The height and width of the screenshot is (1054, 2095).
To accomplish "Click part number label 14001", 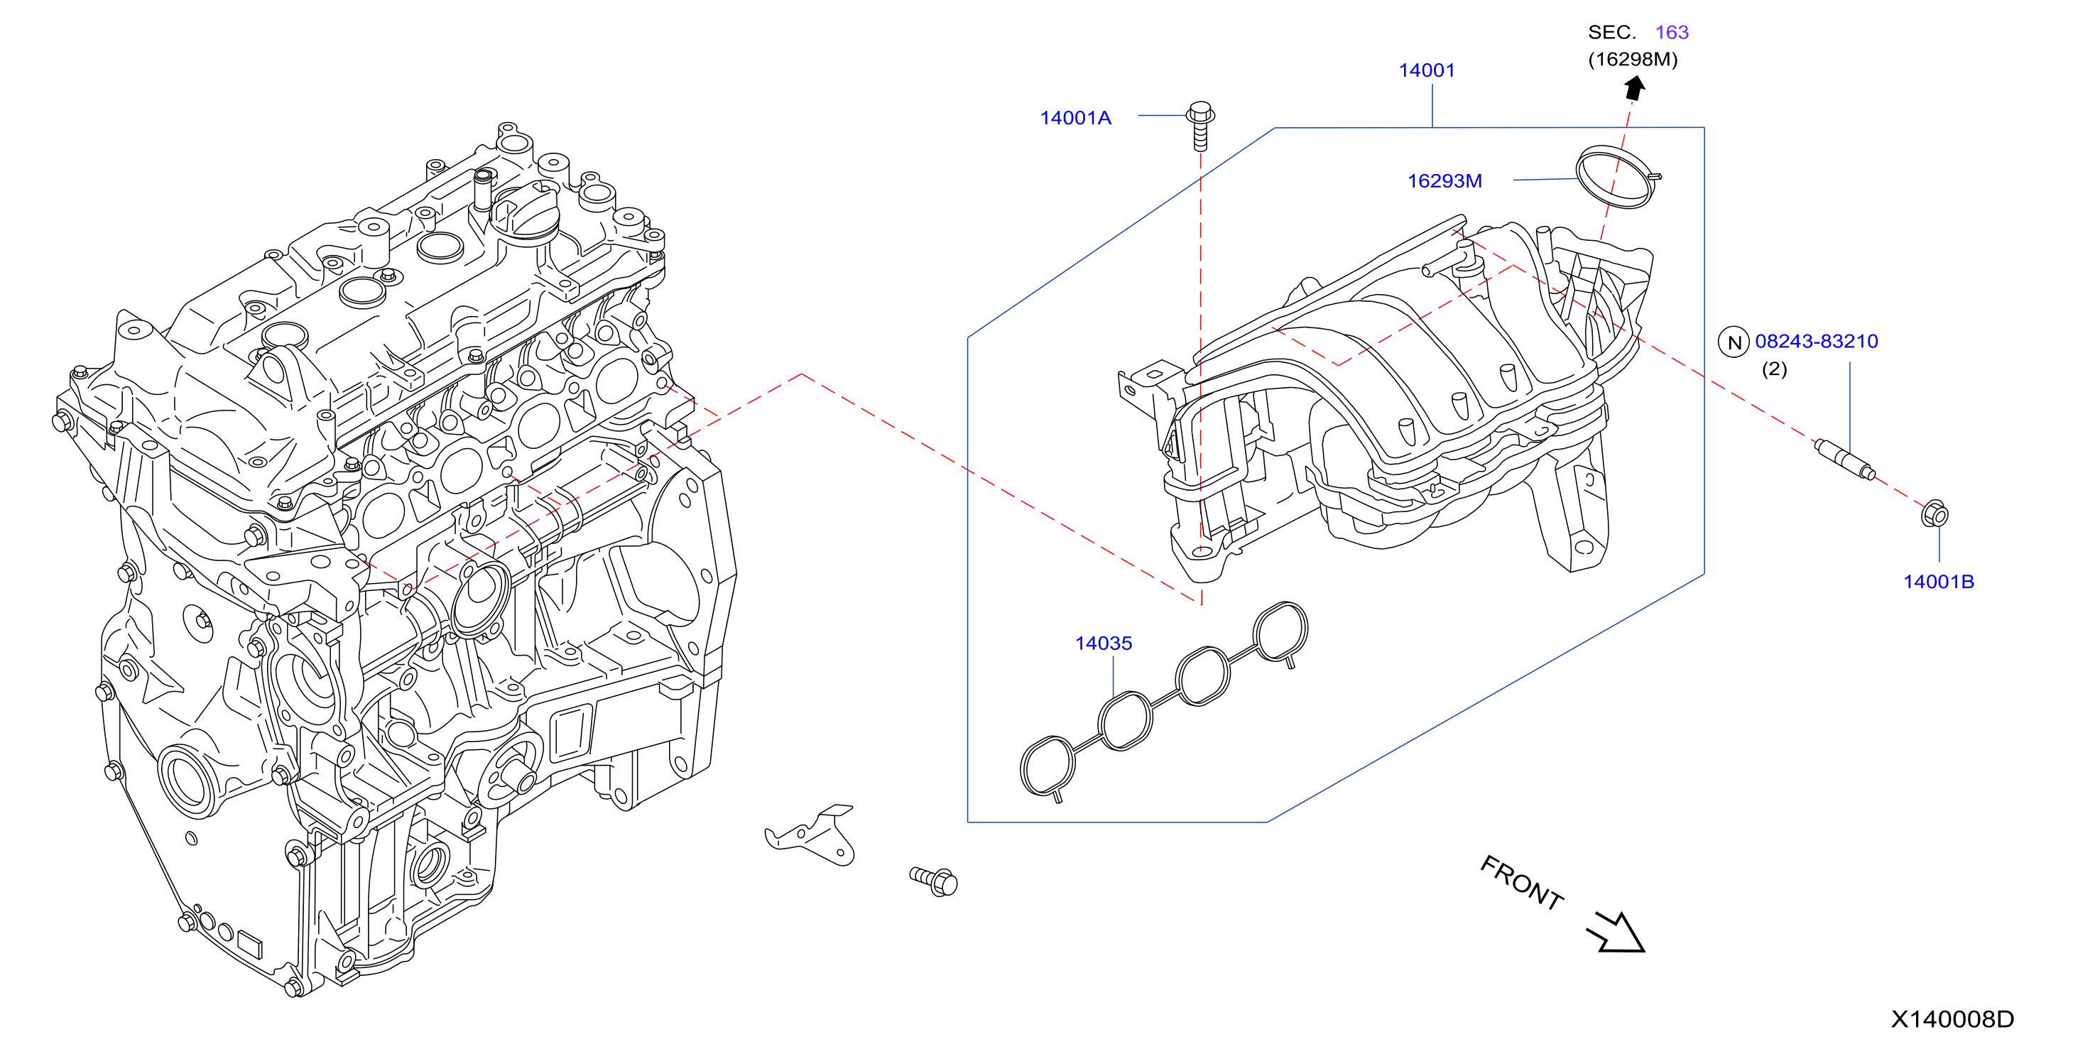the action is click(x=1427, y=71).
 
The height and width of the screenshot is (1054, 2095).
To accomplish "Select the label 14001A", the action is click(x=1075, y=118).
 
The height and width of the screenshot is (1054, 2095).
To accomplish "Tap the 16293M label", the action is click(x=1444, y=180).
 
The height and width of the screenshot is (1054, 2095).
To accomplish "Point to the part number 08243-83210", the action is click(x=1816, y=342).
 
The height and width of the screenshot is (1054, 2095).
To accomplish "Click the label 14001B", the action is click(x=1938, y=582).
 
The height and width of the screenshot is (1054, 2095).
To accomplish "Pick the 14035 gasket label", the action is click(x=1103, y=643).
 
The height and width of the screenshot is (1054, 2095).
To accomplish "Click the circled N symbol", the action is click(x=1733, y=342).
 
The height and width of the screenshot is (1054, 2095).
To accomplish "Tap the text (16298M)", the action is click(x=1632, y=60).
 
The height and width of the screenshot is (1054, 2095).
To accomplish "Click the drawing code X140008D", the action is click(x=1952, y=1019).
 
